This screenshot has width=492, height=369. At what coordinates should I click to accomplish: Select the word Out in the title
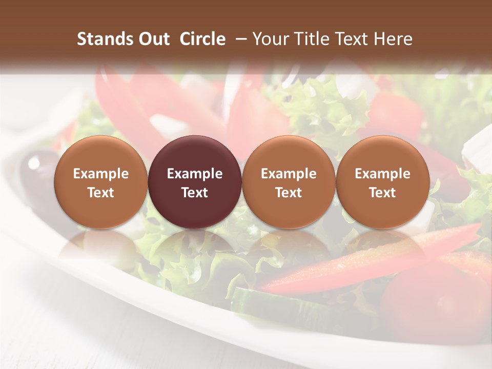(x=152, y=39)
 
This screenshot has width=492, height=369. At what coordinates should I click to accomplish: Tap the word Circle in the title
(x=202, y=39)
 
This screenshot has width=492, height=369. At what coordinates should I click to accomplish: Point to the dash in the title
(x=238, y=39)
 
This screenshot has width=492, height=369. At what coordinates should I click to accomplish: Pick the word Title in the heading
(x=310, y=39)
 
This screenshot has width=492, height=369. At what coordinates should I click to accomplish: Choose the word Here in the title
(x=394, y=39)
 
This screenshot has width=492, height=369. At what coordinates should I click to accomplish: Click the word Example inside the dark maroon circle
(x=195, y=174)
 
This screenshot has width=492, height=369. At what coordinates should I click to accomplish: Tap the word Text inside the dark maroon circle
(x=195, y=193)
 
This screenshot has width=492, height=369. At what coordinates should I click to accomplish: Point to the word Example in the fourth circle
(x=383, y=174)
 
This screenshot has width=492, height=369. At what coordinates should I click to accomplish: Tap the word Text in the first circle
(x=100, y=193)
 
